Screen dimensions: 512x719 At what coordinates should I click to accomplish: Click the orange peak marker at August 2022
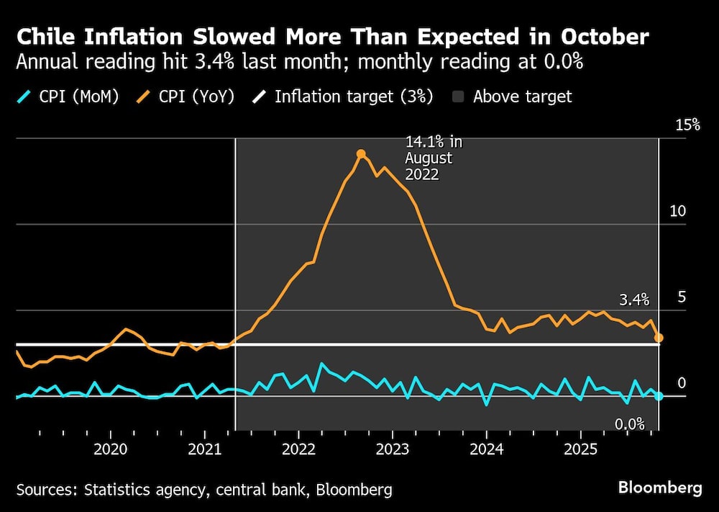tap(361, 153)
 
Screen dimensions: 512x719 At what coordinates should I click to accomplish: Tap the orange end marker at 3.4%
tap(659, 337)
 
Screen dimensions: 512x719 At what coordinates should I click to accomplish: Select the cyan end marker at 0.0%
tap(659, 396)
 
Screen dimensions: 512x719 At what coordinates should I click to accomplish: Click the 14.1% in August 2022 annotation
tap(429, 158)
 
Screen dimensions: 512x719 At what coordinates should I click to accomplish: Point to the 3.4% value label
tap(634, 300)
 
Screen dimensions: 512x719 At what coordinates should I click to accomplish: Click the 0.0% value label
tap(630, 424)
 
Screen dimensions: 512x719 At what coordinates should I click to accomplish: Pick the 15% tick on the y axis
tap(687, 125)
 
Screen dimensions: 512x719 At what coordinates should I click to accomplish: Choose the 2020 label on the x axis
tap(111, 449)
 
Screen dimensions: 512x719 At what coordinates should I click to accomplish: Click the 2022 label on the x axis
tap(298, 449)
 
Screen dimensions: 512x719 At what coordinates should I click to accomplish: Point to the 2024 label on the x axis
tap(486, 449)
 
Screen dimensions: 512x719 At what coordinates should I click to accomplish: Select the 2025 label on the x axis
tap(580, 449)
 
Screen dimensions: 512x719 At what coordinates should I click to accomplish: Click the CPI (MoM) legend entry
tap(68, 96)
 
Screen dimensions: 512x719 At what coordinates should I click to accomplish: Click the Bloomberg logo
tap(660, 488)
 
